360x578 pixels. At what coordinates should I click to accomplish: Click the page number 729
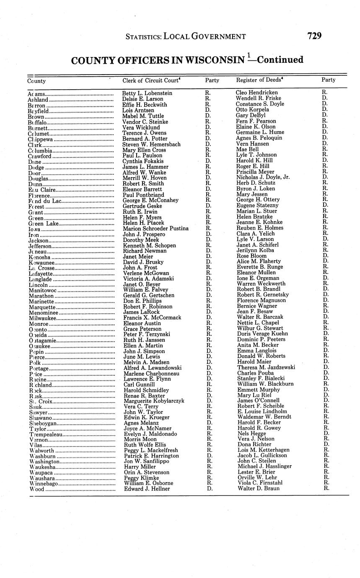pos(314,36)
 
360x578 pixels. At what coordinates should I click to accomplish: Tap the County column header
pos(36,81)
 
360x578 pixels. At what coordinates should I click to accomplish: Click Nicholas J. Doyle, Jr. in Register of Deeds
pos(263,177)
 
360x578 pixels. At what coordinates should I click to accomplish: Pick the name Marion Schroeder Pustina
pos(155,229)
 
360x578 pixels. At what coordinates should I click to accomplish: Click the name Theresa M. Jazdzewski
pos(266,367)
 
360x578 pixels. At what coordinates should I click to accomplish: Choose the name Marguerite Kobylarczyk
pos(154,401)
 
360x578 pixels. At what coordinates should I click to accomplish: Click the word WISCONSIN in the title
pos(208,60)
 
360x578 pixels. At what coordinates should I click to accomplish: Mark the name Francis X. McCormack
pos(150,317)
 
